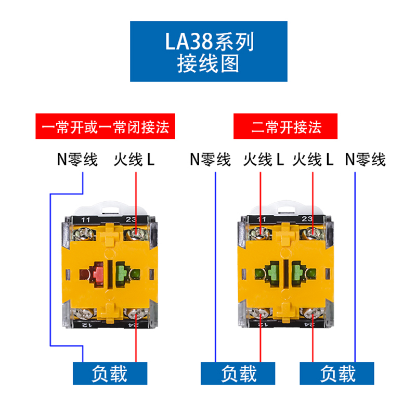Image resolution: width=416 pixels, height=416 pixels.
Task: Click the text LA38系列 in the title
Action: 208,42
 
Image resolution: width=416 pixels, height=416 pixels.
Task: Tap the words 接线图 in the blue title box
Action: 208,64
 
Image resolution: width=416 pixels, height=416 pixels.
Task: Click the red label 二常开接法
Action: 287,126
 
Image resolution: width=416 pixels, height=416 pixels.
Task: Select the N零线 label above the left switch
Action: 77,160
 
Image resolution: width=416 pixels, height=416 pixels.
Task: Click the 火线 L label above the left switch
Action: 134,160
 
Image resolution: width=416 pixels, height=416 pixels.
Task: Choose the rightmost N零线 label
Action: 366,160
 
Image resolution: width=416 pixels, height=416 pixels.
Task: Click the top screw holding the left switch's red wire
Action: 136,235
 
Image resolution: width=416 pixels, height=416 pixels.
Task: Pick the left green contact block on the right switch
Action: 269,272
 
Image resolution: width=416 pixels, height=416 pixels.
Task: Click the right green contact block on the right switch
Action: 300,272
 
